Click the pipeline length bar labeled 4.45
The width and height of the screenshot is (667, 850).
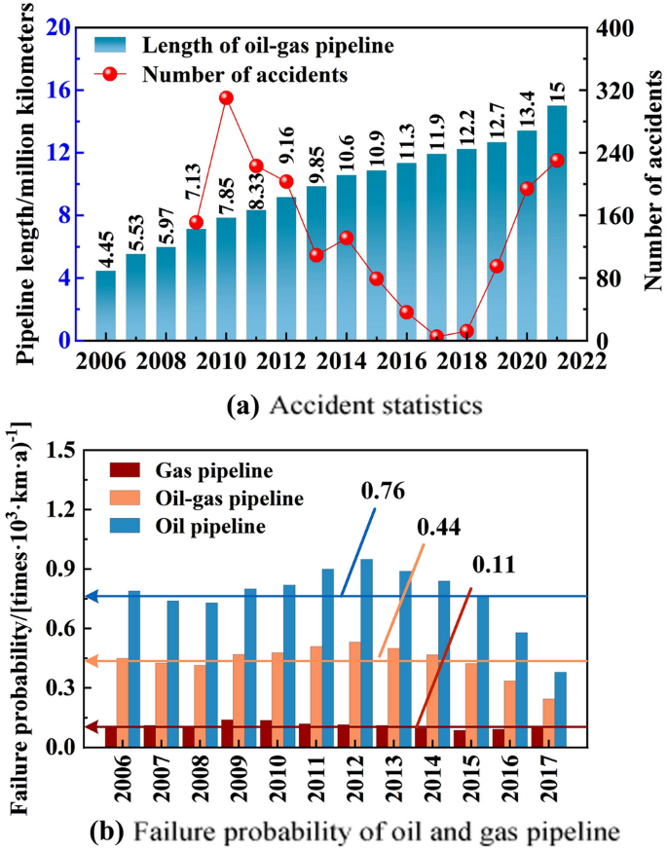coord(105,306)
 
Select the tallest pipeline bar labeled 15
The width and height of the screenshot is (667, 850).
coord(556,224)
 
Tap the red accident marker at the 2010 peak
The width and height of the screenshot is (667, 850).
coord(226,98)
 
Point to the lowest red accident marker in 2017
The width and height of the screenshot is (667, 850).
coord(437,336)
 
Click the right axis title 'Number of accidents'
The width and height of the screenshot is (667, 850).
coord(651,183)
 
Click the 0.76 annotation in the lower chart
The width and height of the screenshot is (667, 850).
coord(382,488)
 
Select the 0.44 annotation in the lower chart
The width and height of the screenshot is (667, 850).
coord(439,527)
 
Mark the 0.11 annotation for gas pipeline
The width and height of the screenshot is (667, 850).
coord(496,565)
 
